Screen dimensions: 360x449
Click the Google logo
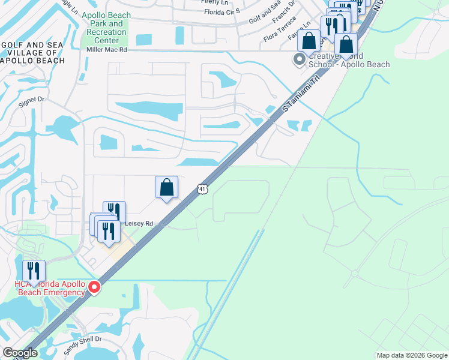point(19,353)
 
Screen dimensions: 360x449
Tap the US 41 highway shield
point(202,189)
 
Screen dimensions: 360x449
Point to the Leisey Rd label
point(139,223)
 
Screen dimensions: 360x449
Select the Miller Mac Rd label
point(107,50)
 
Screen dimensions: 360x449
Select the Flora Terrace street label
point(280,31)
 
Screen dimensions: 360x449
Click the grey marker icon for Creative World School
point(298,59)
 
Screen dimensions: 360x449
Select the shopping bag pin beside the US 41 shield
point(166,187)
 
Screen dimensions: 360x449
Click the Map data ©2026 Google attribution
point(411,355)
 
